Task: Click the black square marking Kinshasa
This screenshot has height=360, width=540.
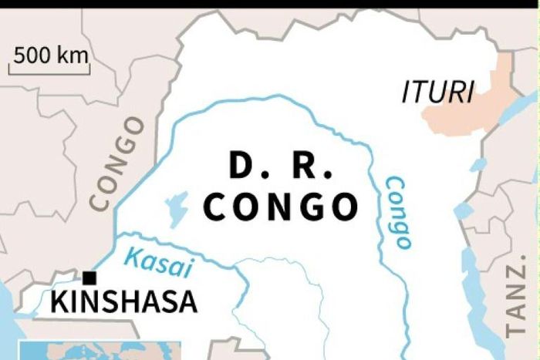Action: [x=90, y=278]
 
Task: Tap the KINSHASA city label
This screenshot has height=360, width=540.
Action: [x=124, y=302]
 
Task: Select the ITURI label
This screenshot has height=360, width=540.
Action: [x=437, y=93]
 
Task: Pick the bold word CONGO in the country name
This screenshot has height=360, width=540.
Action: [x=283, y=207]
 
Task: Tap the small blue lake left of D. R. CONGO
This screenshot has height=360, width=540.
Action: [x=176, y=207]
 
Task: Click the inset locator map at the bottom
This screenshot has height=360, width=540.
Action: [x=100, y=352]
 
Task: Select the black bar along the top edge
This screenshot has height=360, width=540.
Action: [x=270, y=4]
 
